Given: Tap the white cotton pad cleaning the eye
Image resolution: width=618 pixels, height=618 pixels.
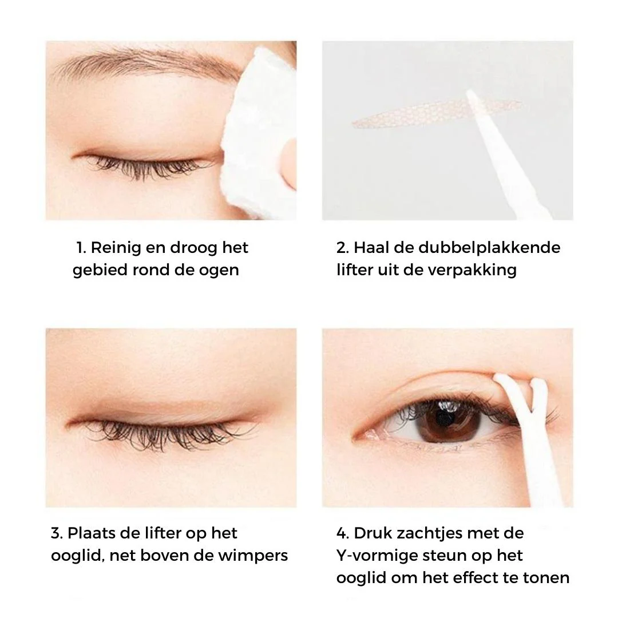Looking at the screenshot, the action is coord(260,130).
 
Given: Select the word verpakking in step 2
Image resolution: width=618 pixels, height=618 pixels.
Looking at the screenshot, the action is coord(472,270).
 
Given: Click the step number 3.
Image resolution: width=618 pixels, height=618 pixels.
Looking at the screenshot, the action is coord(57,533).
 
